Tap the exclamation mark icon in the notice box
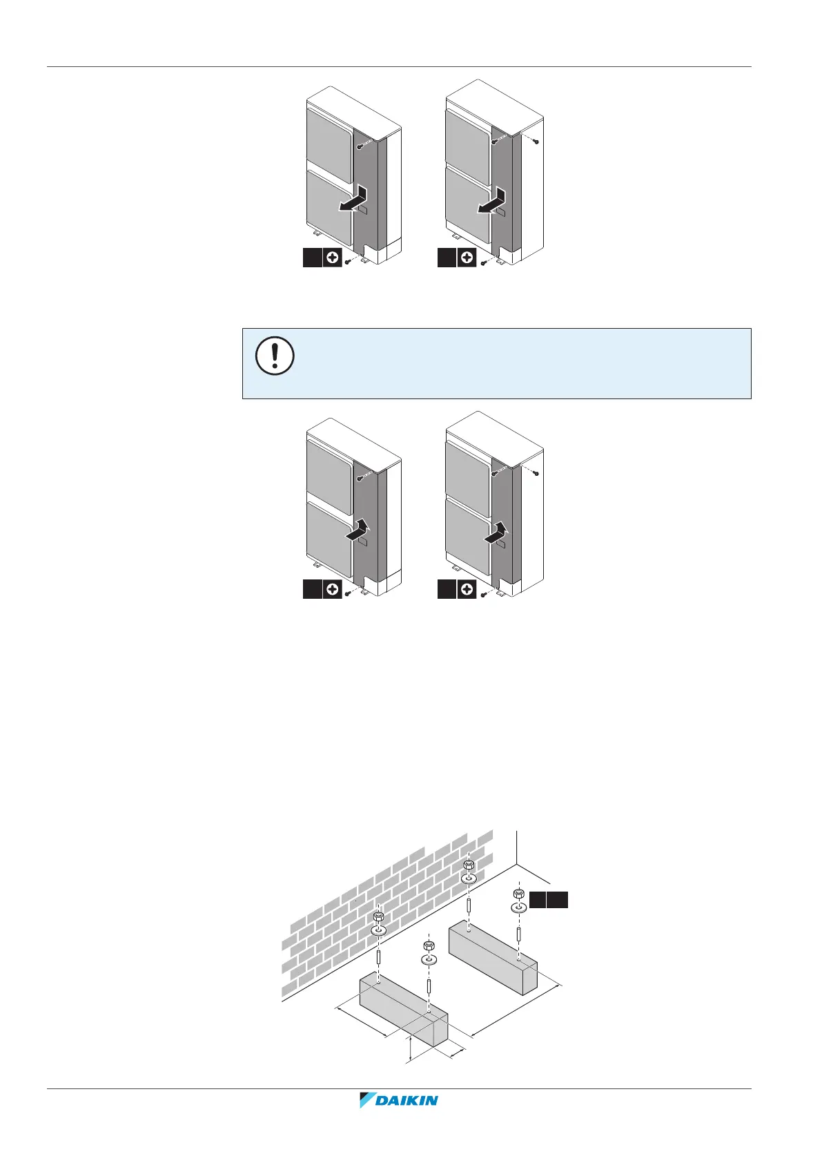pyautogui.click(x=275, y=357)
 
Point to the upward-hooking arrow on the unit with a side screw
pyautogui.click(x=495, y=532)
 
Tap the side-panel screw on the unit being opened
pyautogui.click(x=536, y=142)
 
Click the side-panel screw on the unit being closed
pyautogui.click(x=536, y=472)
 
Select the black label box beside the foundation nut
pyautogui.click(x=549, y=899)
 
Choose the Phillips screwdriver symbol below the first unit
pyautogui.click(x=333, y=258)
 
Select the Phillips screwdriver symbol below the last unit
pyautogui.click(x=467, y=590)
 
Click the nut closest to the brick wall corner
pyautogui.click(x=469, y=865)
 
